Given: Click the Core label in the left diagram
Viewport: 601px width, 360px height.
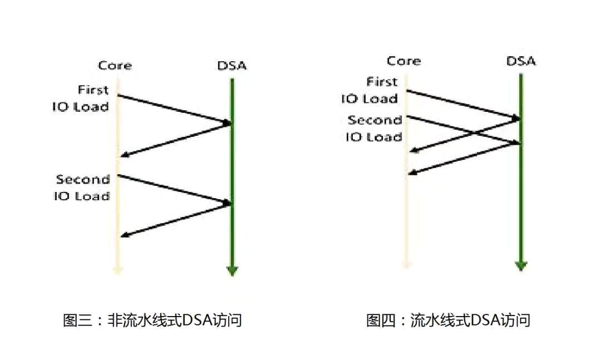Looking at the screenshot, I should tap(115, 66).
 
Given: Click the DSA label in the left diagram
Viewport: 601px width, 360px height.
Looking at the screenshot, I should tap(232, 66).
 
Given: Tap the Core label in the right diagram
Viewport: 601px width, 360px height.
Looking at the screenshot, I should tap(403, 61).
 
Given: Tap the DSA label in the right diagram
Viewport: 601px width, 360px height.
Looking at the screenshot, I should tap(521, 61).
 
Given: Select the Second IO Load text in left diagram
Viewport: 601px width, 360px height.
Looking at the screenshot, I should tap(82, 188).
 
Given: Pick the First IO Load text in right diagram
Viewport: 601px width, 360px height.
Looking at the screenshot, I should tap(370, 90).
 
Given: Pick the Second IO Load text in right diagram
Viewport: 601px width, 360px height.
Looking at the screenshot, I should tap(373, 129).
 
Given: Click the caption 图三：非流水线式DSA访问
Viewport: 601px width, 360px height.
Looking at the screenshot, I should tap(152, 320).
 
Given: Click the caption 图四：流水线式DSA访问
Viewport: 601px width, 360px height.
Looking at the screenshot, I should tap(448, 320).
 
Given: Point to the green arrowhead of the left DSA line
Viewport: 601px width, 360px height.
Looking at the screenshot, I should tap(232, 271).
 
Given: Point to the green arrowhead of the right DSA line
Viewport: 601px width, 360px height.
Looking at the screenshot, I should tap(520, 265).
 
